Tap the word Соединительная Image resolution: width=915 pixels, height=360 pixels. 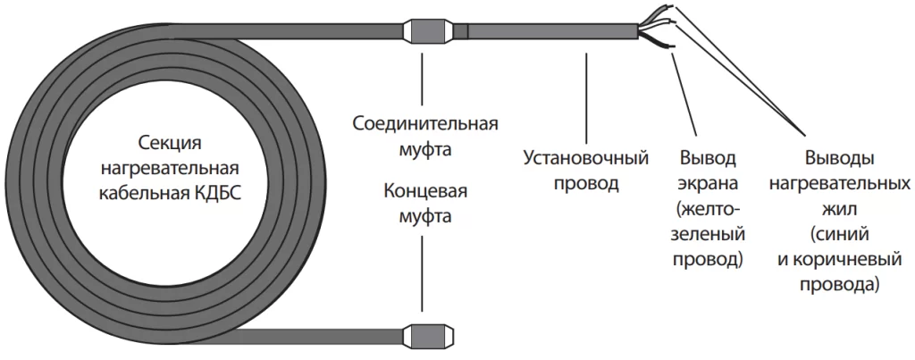(425, 122)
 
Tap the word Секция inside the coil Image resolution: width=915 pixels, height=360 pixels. (171, 143)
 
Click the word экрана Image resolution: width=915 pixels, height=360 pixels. (710, 185)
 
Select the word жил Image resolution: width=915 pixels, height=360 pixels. (839, 210)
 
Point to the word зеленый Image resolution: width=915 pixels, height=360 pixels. (709, 236)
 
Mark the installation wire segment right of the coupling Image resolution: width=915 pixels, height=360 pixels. (545, 30)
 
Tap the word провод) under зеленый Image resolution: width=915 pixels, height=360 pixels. (709, 261)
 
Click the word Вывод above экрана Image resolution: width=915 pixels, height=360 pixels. (709, 160)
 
